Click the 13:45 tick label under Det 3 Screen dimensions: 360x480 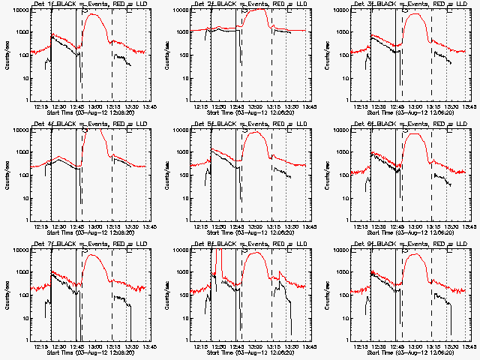469,106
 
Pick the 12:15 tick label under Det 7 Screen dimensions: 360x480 42,346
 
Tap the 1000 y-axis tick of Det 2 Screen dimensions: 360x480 182,32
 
